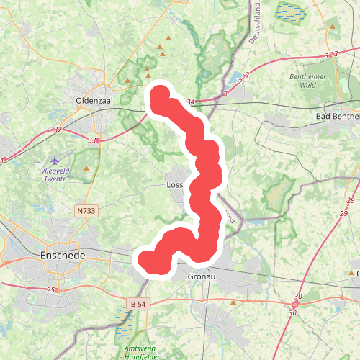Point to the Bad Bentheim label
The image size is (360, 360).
[x=338, y=116]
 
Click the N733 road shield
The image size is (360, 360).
[x=85, y=210]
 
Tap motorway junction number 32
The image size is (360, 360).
[x=58, y=130]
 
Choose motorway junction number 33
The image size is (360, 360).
[x=91, y=140]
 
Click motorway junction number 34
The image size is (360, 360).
[x=190, y=102]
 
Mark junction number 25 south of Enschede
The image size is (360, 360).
[x=51, y=290]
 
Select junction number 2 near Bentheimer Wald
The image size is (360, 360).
[x=247, y=75]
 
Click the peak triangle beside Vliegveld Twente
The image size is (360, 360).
[x=87, y=168]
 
